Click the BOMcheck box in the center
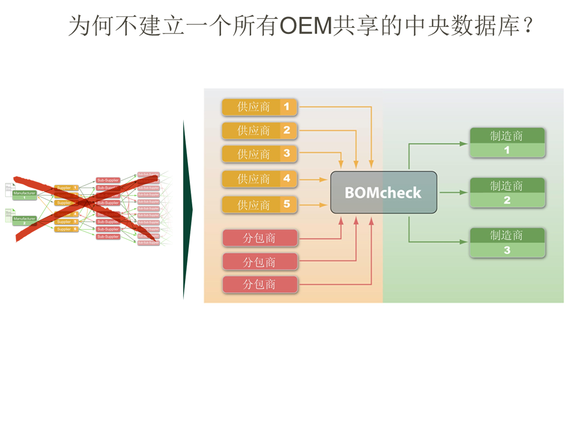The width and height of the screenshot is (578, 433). click(383, 192)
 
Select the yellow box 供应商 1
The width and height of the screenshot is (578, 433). click(259, 107)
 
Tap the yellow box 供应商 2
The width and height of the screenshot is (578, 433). click(259, 130)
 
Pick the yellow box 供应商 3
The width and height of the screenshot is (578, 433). click(259, 154)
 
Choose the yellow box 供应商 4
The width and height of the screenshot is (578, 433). click(259, 179)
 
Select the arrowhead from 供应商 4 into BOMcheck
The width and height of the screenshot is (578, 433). click(323, 180)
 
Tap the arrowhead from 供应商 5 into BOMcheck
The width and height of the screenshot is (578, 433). click(323, 205)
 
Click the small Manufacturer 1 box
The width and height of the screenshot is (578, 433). click(24, 195)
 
